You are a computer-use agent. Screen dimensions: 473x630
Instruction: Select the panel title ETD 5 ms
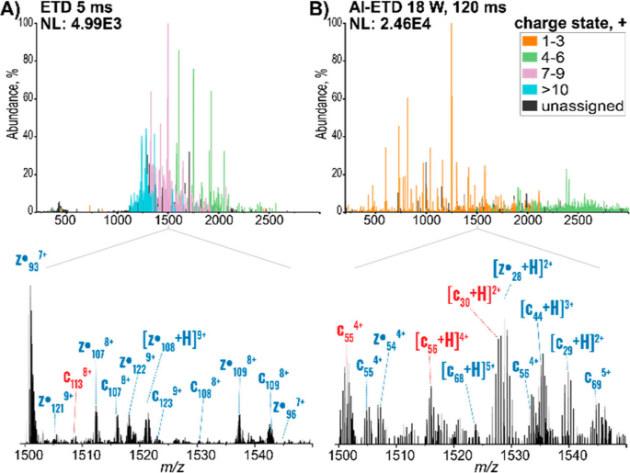(66, 9)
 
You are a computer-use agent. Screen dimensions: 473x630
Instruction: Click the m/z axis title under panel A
(166, 467)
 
